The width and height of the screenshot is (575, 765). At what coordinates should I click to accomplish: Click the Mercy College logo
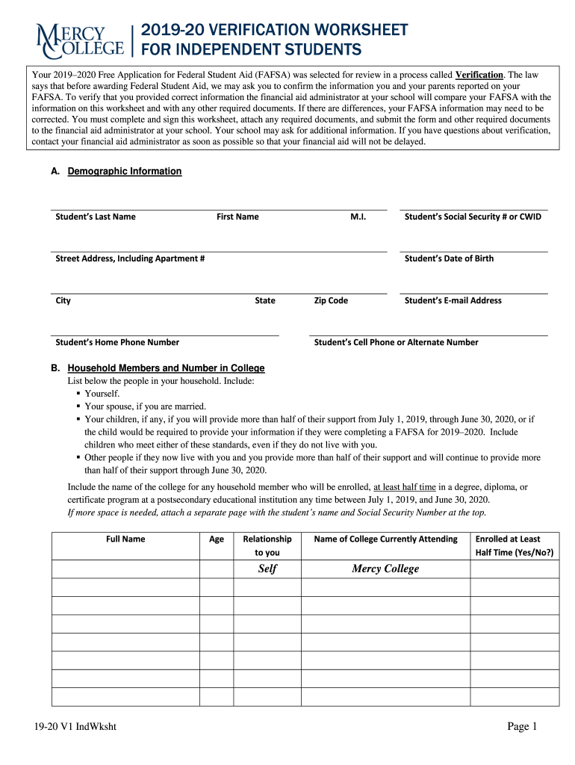tap(80, 40)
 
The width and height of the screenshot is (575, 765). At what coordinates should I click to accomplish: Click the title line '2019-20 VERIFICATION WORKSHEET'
tap(274, 30)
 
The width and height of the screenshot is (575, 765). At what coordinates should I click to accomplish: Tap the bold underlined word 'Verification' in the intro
tap(479, 75)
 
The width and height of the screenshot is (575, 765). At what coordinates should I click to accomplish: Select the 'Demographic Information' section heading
tap(124, 171)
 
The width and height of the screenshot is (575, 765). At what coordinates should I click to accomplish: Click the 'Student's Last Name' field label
tap(96, 217)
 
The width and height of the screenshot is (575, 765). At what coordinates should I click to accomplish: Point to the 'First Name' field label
tap(237, 217)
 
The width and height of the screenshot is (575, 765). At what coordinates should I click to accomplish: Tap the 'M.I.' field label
tap(358, 217)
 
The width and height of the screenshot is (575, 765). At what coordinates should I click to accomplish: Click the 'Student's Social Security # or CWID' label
tap(473, 217)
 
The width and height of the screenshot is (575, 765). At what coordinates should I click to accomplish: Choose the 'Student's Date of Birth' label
tap(449, 258)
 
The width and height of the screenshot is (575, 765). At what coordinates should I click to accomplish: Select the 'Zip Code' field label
tap(331, 300)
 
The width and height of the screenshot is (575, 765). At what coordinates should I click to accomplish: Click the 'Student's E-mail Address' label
tap(453, 300)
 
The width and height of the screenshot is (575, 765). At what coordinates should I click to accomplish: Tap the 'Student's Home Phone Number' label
tap(117, 342)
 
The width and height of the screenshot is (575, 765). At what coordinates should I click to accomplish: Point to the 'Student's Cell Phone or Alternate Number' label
tap(396, 342)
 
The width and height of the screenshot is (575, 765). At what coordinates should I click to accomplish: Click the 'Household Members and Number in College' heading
tap(166, 368)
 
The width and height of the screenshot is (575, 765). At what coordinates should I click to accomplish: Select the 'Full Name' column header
tap(125, 539)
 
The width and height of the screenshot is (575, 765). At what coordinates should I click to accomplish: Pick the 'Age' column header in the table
tap(217, 539)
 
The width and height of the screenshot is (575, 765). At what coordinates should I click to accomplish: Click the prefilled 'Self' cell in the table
tap(267, 569)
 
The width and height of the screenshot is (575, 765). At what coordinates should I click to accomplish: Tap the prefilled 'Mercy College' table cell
tap(385, 569)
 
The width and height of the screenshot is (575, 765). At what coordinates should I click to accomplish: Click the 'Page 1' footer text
tap(522, 727)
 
